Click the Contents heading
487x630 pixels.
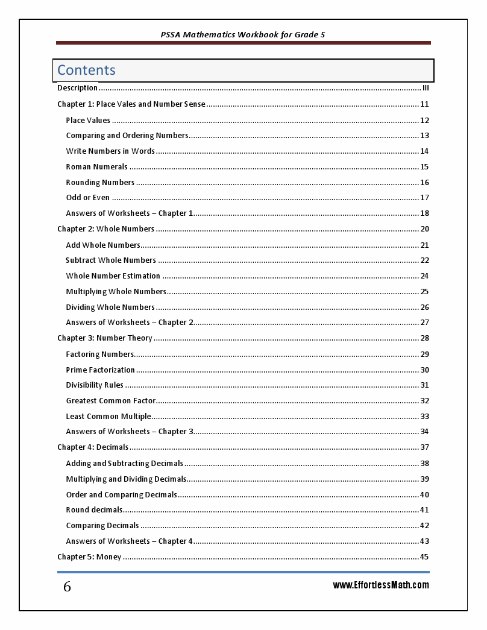point(86,70)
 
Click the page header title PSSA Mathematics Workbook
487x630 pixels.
point(243,35)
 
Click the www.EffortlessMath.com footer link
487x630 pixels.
point(381,585)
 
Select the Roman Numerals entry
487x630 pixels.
point(96,167)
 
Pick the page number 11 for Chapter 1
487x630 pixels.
point(424,104)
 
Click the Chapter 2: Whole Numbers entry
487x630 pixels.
point(105,229)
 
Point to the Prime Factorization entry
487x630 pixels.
point(100,370)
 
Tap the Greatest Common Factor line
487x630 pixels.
point(111,401)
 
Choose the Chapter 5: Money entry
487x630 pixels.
point(89,557)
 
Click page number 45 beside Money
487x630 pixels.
point(424,557)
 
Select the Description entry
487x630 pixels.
point(77,88)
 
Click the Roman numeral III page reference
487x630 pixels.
point(426,88)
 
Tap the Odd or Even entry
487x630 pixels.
point(88,198)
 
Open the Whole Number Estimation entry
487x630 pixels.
point(113,276)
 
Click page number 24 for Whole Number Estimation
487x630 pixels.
point(424,276)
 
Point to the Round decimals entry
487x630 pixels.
point(94,510)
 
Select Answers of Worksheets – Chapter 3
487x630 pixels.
point(130,432)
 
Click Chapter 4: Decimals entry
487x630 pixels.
point(93,447)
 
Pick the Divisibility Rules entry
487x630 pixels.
point(95,385)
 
